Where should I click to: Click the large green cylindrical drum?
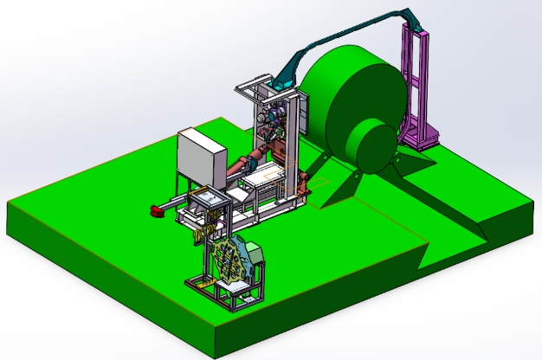tap(346, 100)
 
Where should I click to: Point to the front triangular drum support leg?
tap(333, 186)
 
